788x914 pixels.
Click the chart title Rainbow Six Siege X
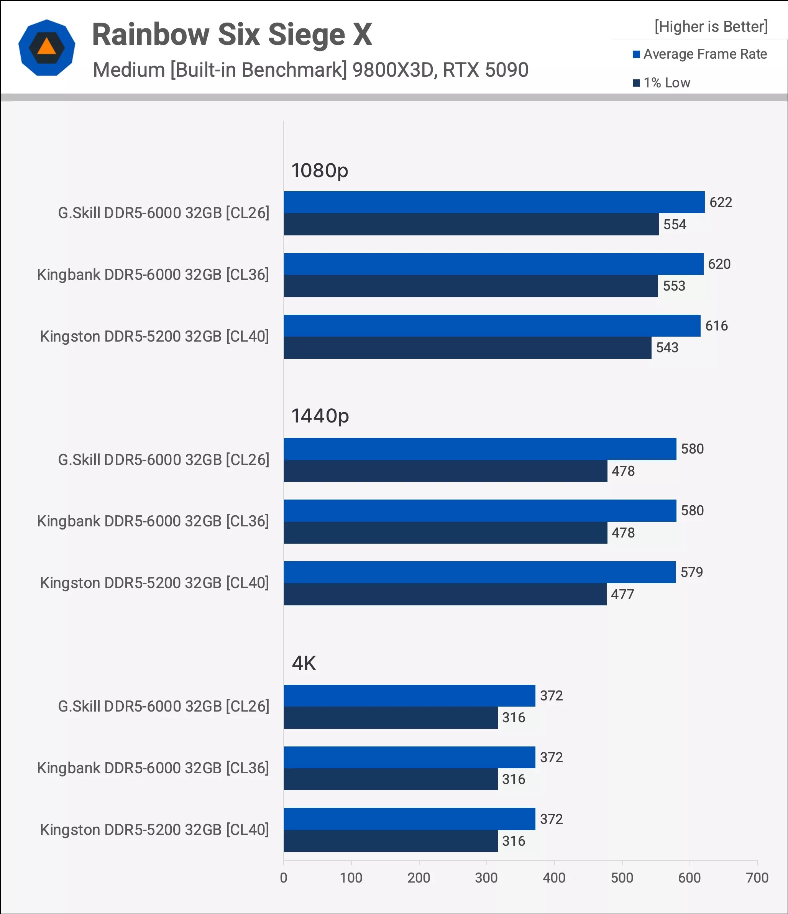[x=232, y=35]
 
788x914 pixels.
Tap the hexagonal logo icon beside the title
[x=47, y=48]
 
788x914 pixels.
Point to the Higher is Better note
[x=711, y=26]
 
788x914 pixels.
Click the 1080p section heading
[x=320, y=170]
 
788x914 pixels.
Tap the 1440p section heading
[x=320, y=416]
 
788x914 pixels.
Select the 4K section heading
[x=304, y=663]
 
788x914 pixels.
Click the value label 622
[x=721, y=202]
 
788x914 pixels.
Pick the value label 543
[x=667, y=348]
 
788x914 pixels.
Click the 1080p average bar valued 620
[x=493, y=264]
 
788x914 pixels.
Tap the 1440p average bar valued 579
[x=479, y=572]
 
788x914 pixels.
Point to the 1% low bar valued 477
[x=445, y=594]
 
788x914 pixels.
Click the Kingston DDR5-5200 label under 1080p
[x=154, y=337]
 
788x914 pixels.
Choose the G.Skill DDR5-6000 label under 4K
[x=164, y=706]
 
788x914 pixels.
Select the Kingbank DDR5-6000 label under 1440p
[x=153, y=521]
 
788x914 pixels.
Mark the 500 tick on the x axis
[x=622, y=878]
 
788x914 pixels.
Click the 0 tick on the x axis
[x=284, y=878]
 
